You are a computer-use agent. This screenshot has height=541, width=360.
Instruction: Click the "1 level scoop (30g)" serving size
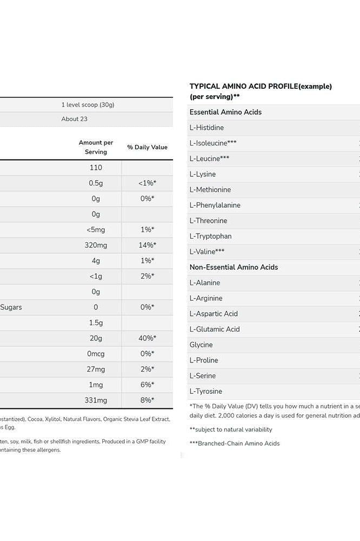(x=88, y=105)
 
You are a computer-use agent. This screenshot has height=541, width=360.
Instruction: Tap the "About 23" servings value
(x=74, y=119)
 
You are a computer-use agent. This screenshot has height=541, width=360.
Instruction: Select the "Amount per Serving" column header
(x=96, y=147)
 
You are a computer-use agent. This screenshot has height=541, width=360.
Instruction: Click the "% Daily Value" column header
(x=147, y=147)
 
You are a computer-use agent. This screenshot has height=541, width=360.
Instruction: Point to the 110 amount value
(x=96, y=168)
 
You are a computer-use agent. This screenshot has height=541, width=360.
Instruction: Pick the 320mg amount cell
(x=96, y=245)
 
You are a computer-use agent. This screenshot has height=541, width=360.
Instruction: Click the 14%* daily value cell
(x=147, y=245)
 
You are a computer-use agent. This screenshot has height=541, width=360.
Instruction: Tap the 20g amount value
(x=96, y=338)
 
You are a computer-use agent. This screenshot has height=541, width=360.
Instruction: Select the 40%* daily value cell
(x=147, y=338)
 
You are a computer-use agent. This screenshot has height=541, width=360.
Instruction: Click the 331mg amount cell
(x=96, y=400)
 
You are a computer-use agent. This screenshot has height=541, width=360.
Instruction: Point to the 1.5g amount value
(x=96, y=322)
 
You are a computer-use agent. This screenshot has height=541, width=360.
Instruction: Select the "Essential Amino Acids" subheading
(x=225, y=112)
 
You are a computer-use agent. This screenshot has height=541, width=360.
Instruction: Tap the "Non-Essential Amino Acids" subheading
(x=234, y=267)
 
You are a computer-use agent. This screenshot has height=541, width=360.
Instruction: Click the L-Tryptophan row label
(x=210, y=236)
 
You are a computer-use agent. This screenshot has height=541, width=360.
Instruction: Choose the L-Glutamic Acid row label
(x=214, y=329)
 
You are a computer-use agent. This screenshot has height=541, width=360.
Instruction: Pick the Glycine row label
(x=201, y=345)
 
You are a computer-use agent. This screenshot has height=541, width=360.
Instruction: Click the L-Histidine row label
(x=206, y=128)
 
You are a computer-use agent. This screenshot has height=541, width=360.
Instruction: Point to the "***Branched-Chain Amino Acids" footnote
(x=235, y=444)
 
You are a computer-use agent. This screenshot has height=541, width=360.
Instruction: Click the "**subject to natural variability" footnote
(x=231, y=430)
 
